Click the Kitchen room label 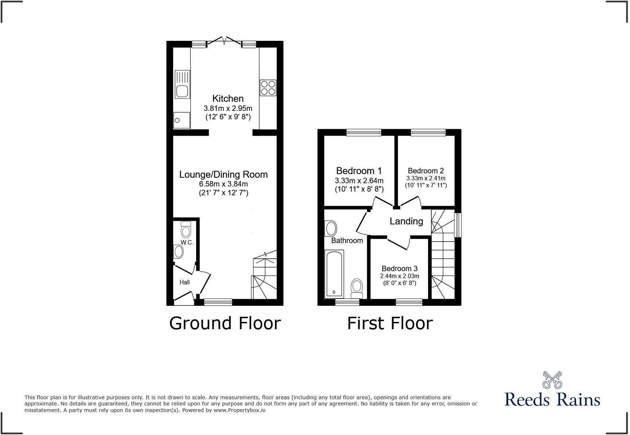228,99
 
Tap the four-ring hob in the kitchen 268,88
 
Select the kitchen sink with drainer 182,84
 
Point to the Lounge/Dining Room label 223,174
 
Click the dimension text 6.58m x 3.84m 223,184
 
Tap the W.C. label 187,242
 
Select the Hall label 184,282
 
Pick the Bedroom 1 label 359,171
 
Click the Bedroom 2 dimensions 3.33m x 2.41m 426,178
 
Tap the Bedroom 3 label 400,269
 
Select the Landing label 406,221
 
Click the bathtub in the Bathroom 334,274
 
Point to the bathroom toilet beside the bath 357,288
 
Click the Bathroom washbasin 331,228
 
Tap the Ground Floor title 225,323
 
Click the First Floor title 390,323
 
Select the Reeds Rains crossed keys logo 552,380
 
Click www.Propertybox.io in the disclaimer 239,410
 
